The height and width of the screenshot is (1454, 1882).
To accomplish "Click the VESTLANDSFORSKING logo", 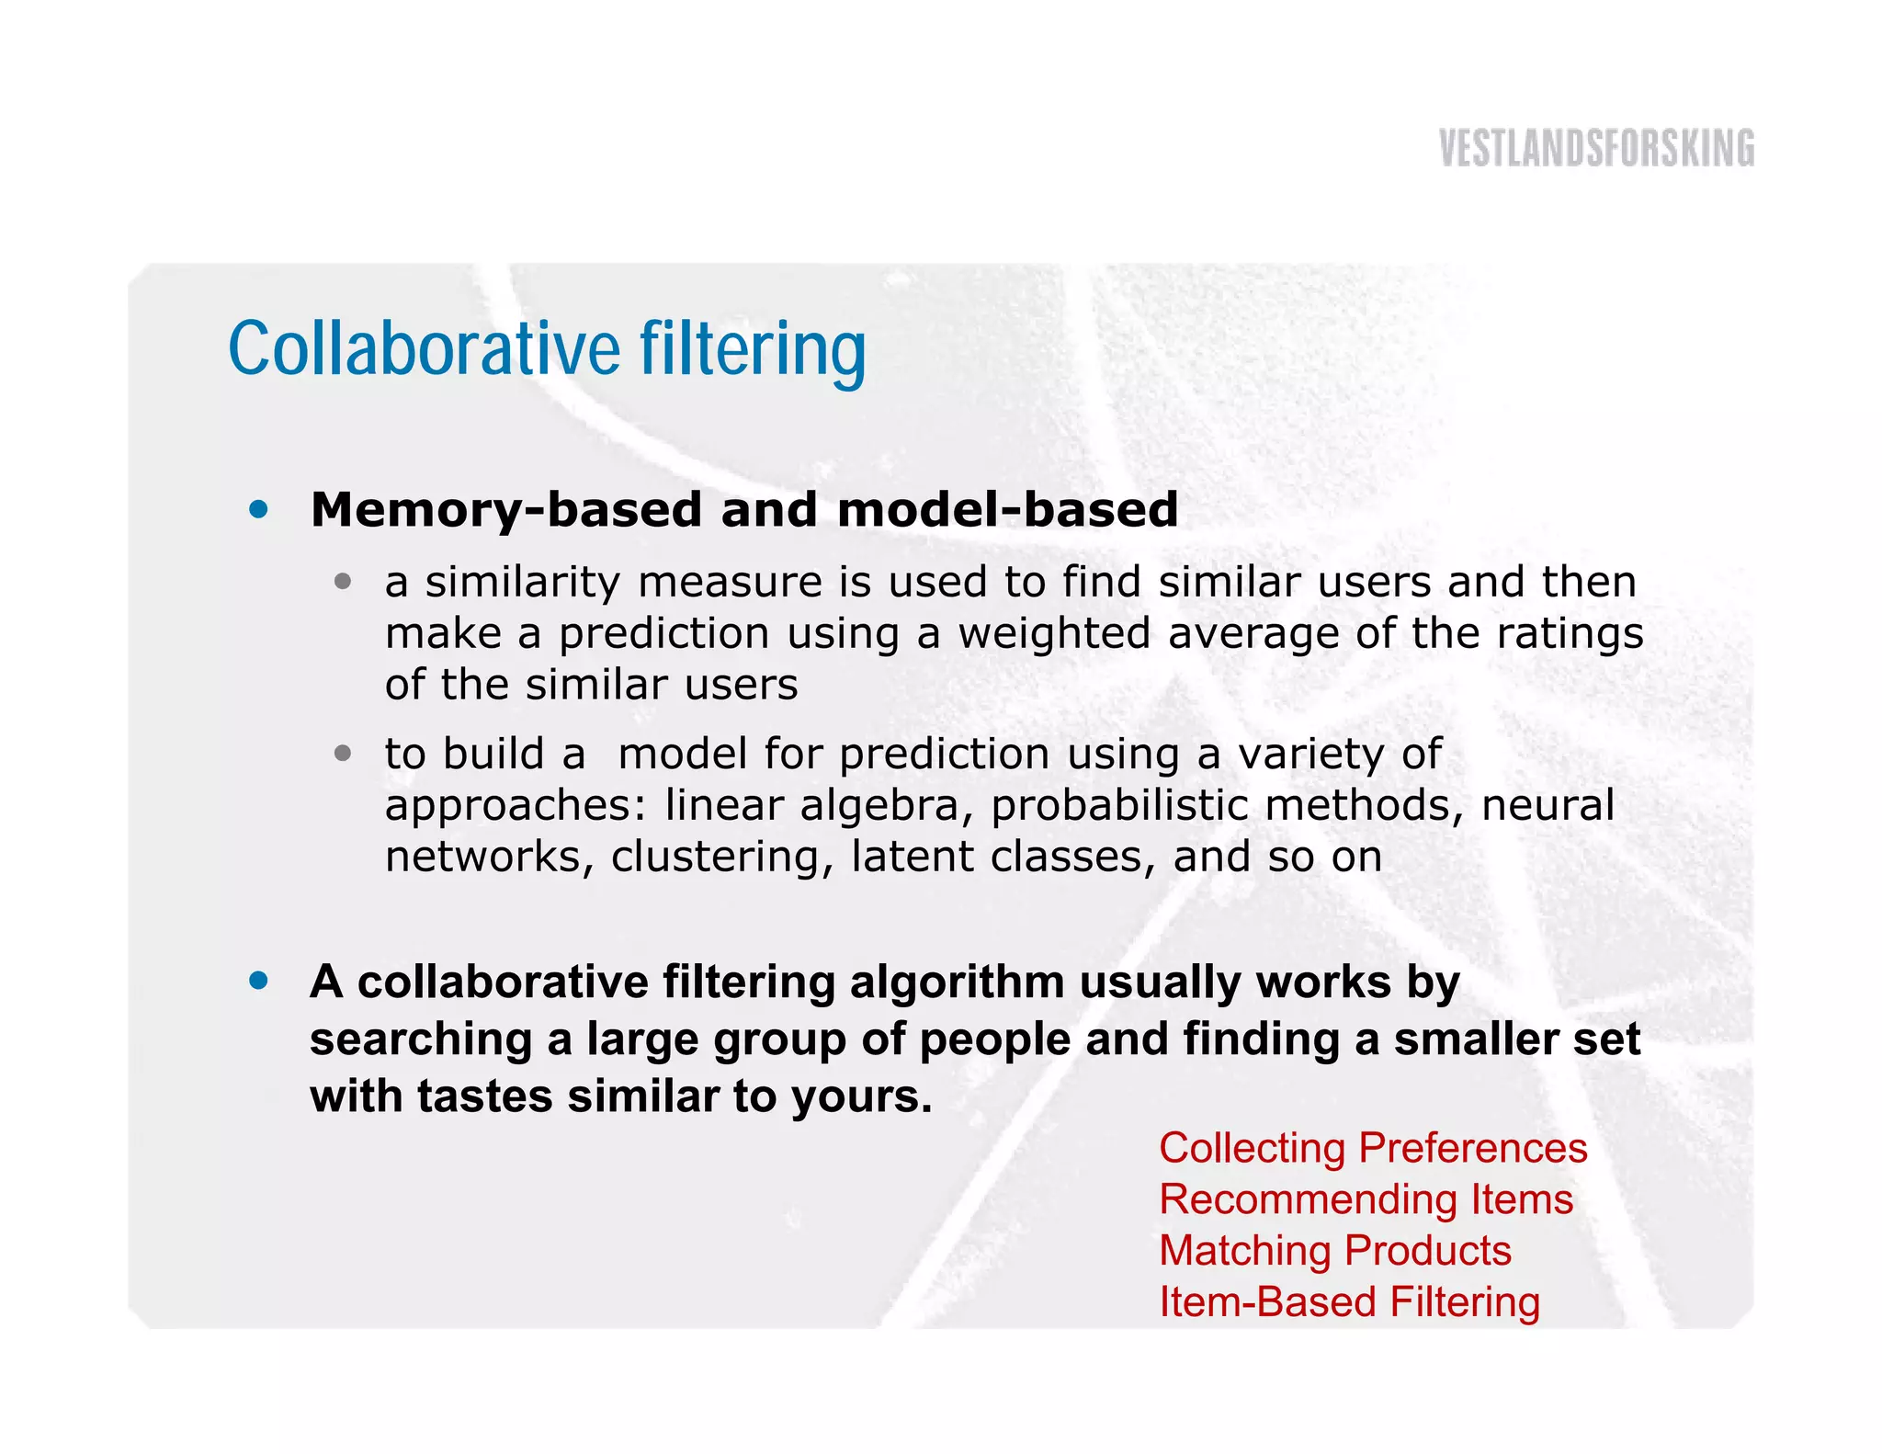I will [x=1596, y=149].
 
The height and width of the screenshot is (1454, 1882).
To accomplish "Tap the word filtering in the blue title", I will [x=753, y=349].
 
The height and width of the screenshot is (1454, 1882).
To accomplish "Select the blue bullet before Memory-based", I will [x=259, y=509].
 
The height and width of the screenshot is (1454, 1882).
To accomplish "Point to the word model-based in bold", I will [x=1007, y=510].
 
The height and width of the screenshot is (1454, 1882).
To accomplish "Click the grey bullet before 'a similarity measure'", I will [x=343, y=581].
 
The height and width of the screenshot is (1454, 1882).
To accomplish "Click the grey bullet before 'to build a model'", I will [x=343, y=754].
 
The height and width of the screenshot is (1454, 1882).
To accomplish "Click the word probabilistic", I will [x=1118, y=806].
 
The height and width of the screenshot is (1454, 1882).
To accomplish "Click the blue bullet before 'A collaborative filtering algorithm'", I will [x=259, y=981].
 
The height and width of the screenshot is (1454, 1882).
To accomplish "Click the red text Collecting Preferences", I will [x=1373, y=1148].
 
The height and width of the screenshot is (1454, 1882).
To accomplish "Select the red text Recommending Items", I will [x=1366, y=1199].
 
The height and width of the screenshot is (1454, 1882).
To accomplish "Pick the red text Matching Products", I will [x=1334, y=1251].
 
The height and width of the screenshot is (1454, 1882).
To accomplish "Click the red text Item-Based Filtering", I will [x=1349, y=1302].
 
